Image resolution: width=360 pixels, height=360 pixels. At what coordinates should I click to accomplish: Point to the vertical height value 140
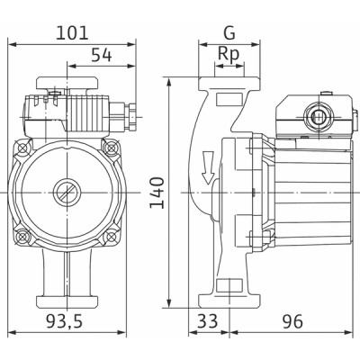[x=157, y=193]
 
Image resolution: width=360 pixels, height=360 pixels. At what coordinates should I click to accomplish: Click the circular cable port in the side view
[x=316, y=117]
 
